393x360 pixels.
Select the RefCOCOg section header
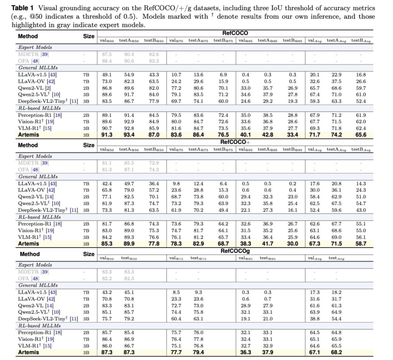tap(235, 251)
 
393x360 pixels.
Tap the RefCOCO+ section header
tap(235, 142)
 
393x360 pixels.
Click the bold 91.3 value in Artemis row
tap(107, 135)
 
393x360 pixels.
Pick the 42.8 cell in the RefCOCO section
tap(268, 135)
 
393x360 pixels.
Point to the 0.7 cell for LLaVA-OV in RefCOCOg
tap(268, 299)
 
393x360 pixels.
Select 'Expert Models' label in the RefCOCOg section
tap(35, 265)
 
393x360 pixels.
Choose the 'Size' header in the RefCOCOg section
tap(89, 254)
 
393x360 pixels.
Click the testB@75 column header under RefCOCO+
tap(223, 150)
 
